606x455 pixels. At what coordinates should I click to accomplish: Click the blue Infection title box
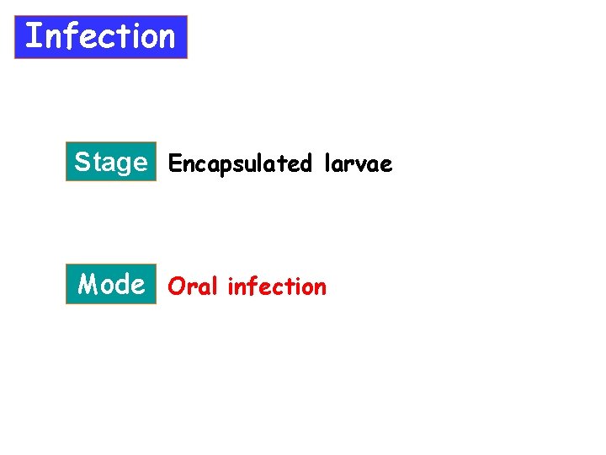pyautogui.click(x=101, y=37)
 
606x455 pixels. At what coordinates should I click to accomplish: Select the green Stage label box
pyautogui.click(x=111, y=162)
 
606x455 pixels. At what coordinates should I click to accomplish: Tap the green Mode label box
pyautogui.click(x=111, y=284)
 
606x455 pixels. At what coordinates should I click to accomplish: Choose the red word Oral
pyautogui.click(x=193, y=286)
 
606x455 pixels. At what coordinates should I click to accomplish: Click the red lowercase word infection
pyautogui.click(x=277, y=286)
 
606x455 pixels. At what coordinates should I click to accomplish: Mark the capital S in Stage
pyautogui.click(x=82, y=161)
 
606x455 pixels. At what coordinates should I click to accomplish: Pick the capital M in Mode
pyautogui.click(x=88, y=284)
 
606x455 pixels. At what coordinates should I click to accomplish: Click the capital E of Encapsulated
pyautogui.click(x=174, y=163)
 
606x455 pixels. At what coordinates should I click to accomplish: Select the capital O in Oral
pyautogui.click(x=176, y=286)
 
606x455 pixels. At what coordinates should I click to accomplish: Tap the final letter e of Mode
pyautogui.click(x=137, y=286)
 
